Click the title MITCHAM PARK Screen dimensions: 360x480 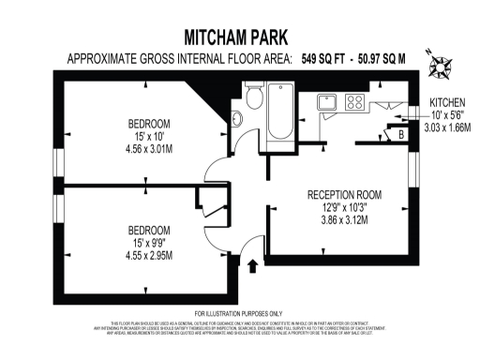tap(239, 37)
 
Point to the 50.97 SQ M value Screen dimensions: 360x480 tap(382, 59)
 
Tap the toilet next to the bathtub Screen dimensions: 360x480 tap(253, 97)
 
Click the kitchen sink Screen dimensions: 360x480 tap(327, 101)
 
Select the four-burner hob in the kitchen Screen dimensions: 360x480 tap(356, 101)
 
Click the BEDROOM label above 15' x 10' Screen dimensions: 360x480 tap(149, 124)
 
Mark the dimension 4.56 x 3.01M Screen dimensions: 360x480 tap(149, 149)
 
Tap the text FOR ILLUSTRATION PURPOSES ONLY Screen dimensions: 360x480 tap(238, 313)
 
